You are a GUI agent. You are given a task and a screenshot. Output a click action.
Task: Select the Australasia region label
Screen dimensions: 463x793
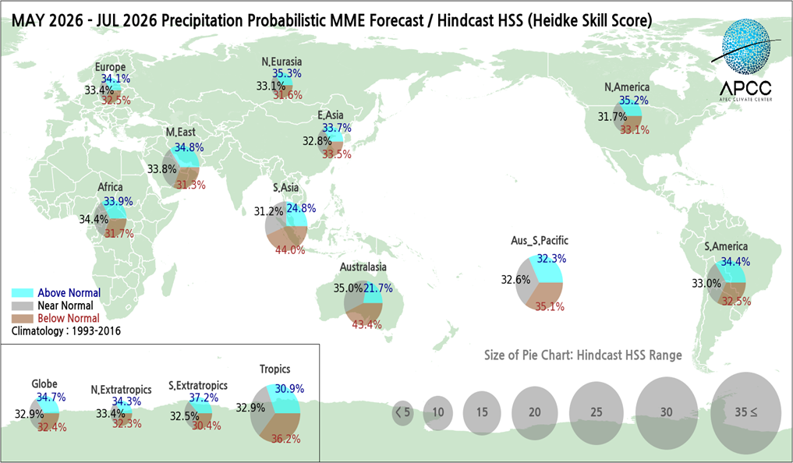363,267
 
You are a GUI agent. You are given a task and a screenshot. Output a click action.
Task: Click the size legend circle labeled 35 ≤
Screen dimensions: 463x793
745,411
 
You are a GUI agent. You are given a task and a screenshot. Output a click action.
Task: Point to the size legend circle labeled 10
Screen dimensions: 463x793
439,412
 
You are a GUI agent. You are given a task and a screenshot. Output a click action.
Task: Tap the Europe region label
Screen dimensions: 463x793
110,67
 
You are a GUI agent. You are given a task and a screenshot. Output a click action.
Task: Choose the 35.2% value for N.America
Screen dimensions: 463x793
634,101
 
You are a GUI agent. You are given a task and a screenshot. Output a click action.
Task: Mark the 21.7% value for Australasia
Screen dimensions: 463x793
377,288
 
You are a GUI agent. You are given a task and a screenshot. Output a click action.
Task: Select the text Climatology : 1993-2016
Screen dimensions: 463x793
65,330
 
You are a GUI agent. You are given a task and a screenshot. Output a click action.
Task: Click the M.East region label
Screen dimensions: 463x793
180,133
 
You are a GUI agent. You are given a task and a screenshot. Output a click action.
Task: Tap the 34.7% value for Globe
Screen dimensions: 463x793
51,397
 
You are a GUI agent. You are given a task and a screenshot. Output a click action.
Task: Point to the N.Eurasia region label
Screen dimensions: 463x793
281,62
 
